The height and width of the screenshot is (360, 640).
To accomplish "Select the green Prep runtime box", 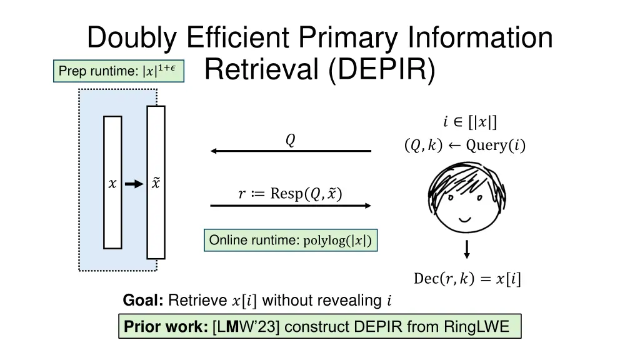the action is click(118, 71).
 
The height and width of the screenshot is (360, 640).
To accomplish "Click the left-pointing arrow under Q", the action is click(291, 151).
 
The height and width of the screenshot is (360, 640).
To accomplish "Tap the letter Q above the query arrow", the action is click(290, 141).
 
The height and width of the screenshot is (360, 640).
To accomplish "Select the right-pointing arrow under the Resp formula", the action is click(291, 205).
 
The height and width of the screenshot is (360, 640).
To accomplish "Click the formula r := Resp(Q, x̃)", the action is click(290, 193).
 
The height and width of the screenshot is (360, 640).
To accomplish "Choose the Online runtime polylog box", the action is click(291, 241).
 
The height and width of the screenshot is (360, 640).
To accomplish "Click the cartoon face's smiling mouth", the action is click(466, 219).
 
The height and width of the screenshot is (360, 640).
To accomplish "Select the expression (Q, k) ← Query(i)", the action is click(465, 146).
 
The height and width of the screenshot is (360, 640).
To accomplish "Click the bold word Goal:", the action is click(143, 301).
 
